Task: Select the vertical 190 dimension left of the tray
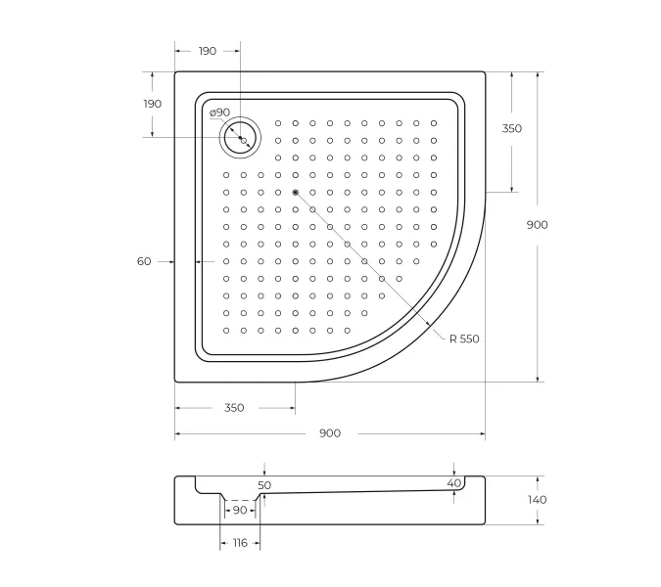(x=152, y=104)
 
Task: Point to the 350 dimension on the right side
(x=512, y=128)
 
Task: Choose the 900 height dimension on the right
(x=537, y=224)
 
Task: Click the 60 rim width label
(x=144, y=261)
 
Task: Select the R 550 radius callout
(x=464, y=339)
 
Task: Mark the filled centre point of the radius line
(x=295, y=192)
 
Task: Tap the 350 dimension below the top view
(x=233, y=408)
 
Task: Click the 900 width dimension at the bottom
(x=330, y=433)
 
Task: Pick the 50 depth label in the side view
(x=264, y=485)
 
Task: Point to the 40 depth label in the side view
(x=453, y=483)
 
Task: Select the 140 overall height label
(x=537, y=500)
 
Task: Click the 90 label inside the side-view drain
(x=240, y=510)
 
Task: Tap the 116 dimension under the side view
(x=240, y=543)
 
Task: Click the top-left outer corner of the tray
(x=176, y=71)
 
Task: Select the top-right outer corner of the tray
(x=485, y=71)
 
